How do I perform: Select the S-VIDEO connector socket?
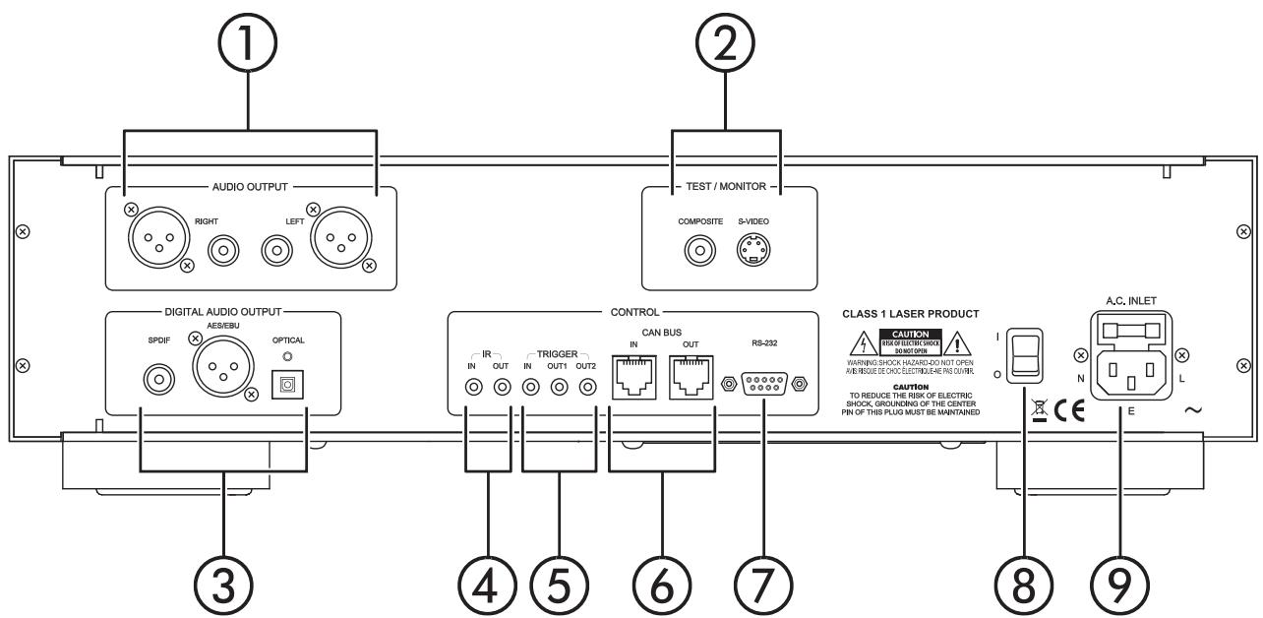pyautogui.click(x=754, y=251)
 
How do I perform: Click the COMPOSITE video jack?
pyautogui.click(x=700, y=251)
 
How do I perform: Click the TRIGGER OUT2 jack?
pyautogui.click(x=588, y=388)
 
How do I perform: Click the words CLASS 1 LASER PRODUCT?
pyautogui.click(x=910, y=314)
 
